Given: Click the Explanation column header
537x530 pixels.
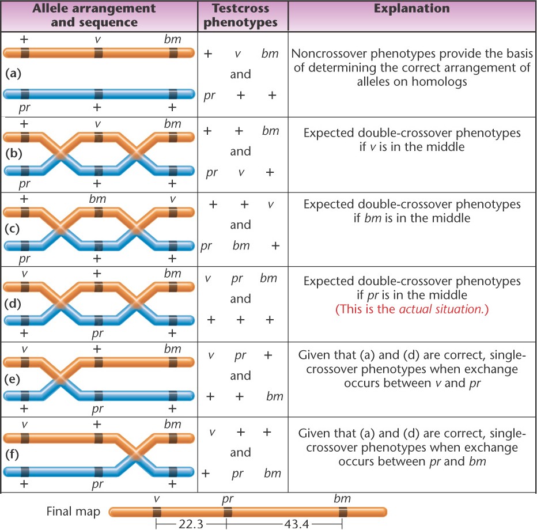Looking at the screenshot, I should point(411,9).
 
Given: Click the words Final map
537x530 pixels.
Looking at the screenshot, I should point(73,512).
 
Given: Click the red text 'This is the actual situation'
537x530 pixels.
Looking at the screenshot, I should point(411,308).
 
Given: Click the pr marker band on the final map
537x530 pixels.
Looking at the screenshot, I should point(228,512).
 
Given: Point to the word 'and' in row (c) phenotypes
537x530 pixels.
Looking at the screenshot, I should point(240,225).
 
